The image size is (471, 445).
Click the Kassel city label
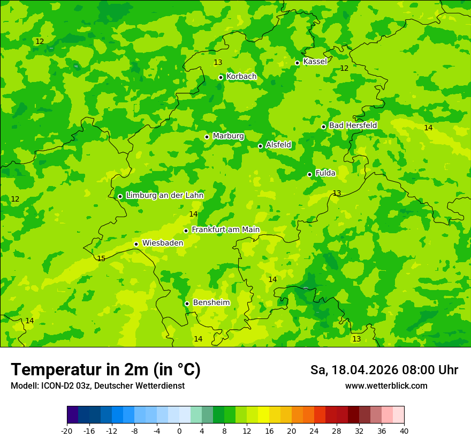315,62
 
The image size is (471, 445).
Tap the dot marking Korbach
221,77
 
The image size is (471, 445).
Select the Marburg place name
228,136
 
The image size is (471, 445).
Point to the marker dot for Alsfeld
260,146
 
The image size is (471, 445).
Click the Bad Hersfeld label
353,125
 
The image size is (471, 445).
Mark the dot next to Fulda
309,174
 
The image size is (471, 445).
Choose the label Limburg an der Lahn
164,196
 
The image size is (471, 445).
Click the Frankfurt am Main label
225,230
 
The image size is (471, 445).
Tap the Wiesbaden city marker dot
136,244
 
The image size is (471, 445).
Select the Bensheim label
211,303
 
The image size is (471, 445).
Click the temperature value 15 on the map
101,259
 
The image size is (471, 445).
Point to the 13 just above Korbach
218,63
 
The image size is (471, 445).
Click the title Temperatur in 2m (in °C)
105,370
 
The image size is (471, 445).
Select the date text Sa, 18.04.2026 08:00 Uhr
384,370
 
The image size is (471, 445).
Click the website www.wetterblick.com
386,386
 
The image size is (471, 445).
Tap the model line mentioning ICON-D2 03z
97,386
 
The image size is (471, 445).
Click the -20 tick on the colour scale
67,431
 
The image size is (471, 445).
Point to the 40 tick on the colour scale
404,431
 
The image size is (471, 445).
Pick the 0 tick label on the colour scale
179,431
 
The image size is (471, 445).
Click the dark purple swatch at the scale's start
73,415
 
